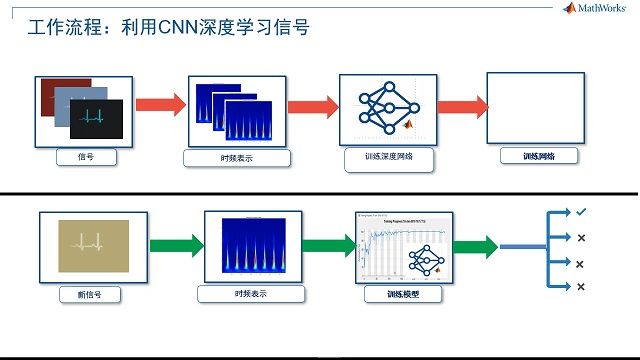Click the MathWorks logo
tap(597, 8)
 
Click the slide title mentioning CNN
tap(168, 28)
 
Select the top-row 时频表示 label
tap(237, 158)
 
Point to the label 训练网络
tap(538, 157)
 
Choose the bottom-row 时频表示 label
tap(249, 294)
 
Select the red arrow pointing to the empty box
tap(461, 105)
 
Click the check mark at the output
tap(580, 212)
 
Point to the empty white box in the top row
tap(534, 106)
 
